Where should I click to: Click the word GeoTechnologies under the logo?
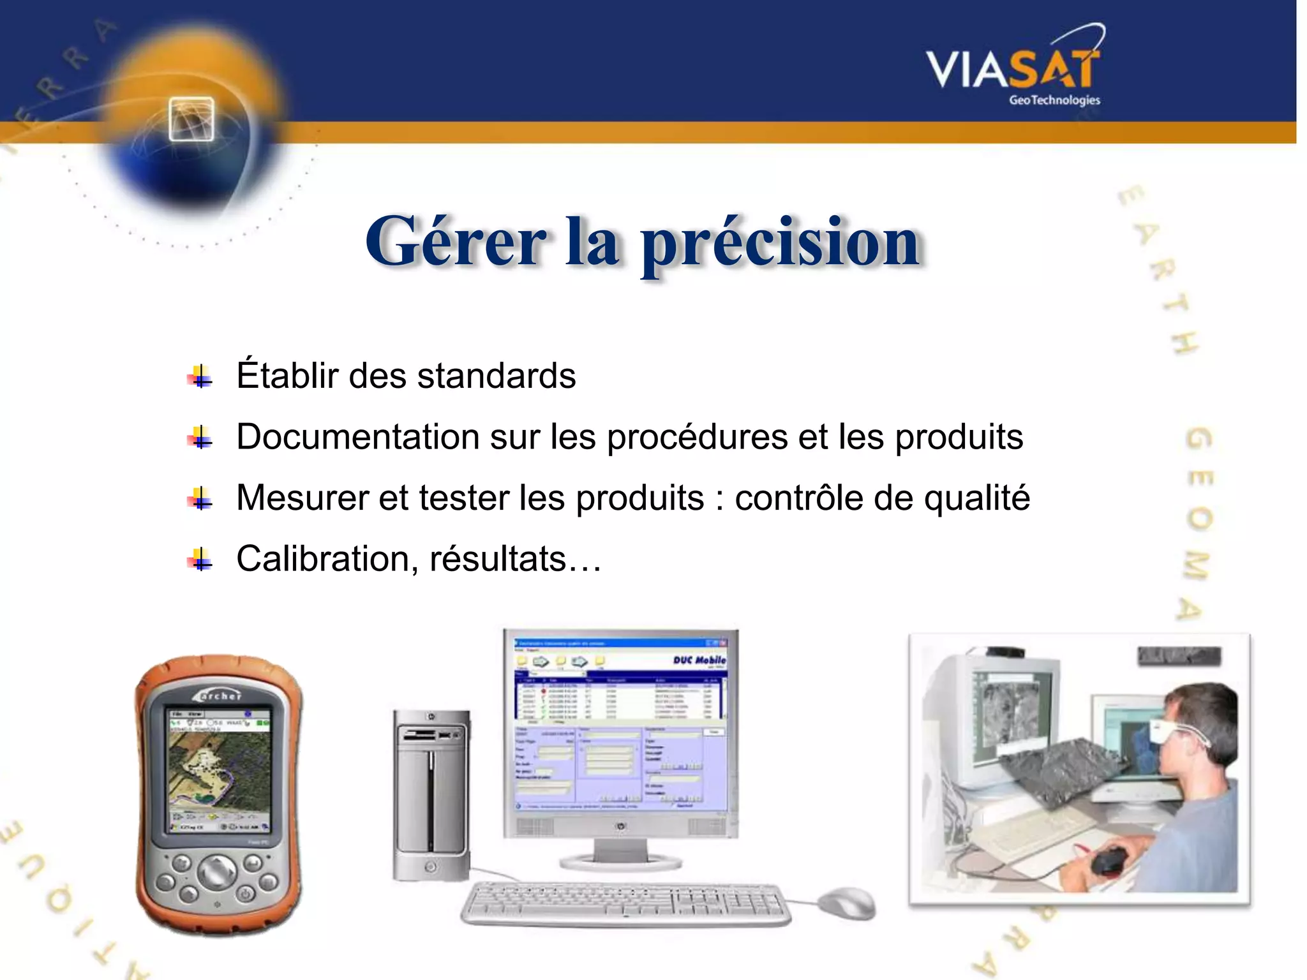tap(1054, 100)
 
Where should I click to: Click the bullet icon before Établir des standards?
tap(200, 377)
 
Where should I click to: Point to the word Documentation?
tap(357, 437)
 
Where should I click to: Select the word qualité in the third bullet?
tap(976, 498)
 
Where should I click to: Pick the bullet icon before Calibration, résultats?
tap(200, 560)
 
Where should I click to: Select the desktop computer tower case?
tap(431, 794)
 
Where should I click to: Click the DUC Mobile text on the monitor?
tap(698, 660)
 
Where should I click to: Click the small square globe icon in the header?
tap(191, 119)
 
